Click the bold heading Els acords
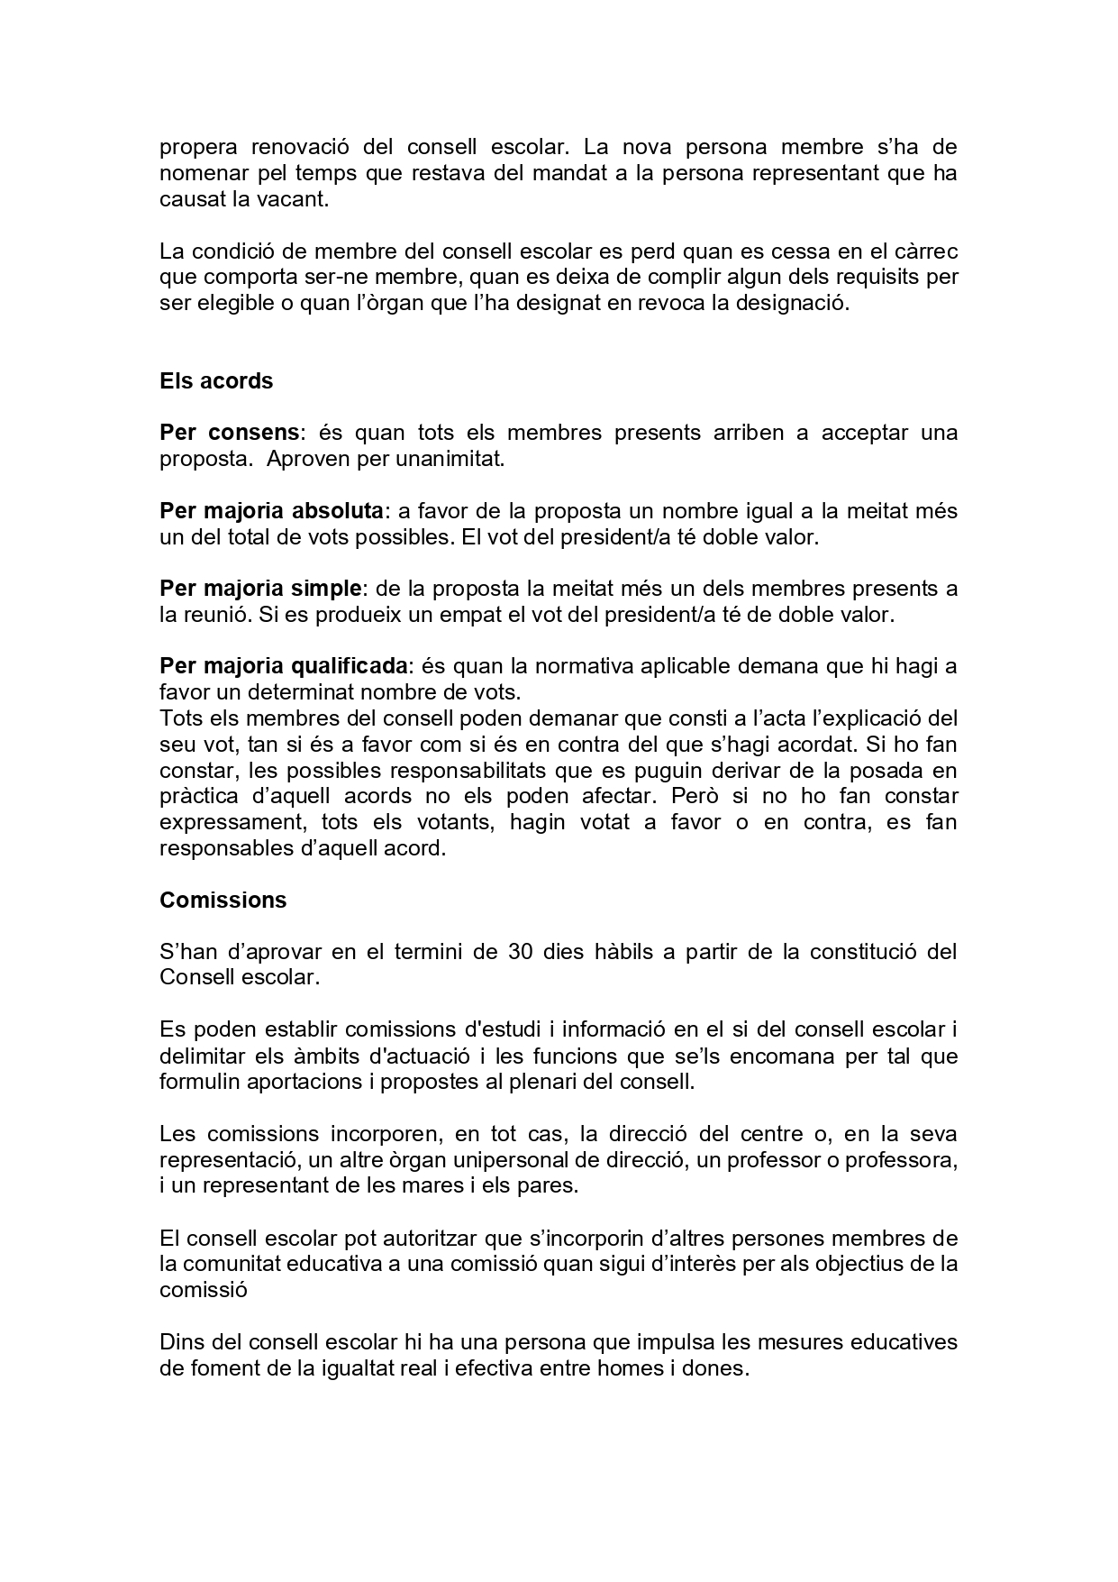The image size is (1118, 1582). click(x=216, y=381)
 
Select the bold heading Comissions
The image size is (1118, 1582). click(x=223, y=901)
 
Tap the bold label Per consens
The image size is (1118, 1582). click(x=229, y=433)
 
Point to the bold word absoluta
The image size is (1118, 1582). click(x=338, y=511)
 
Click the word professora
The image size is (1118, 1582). click(x=904, y=1159)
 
